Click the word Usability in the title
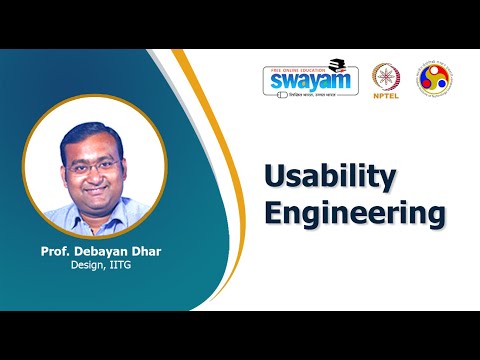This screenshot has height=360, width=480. point(330,177)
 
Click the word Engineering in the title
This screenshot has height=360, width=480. point(353,213)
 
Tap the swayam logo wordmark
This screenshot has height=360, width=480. point(309,80)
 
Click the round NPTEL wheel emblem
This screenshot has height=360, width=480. point(387,77)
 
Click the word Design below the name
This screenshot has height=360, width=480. point(87,266)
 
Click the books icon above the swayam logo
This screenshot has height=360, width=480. point(337,61)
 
